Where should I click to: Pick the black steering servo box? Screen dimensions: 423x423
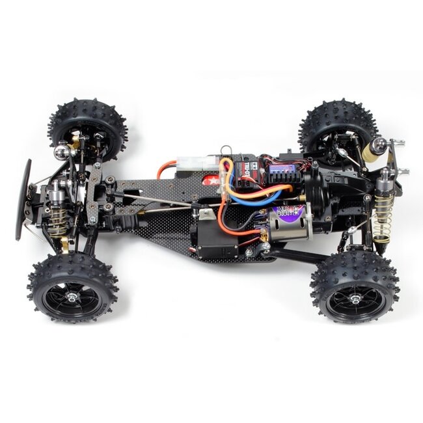coord(215,241)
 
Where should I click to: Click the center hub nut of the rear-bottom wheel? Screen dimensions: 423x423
coord(355,299)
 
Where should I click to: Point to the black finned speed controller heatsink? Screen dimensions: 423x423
coord(280,171)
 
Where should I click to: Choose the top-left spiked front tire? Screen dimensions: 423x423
coord(88,130)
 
